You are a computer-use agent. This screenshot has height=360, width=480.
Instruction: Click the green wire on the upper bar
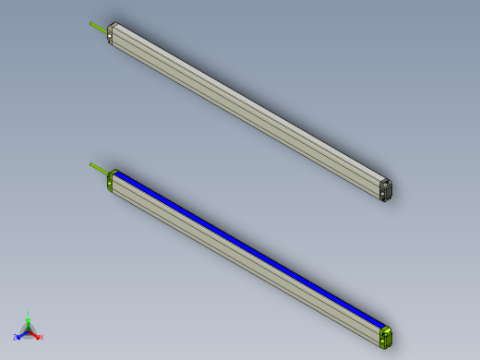pyautogui.click(x=99, y=27)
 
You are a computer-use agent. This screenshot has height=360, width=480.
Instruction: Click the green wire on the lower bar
pyautogui.click(x=99, y=168)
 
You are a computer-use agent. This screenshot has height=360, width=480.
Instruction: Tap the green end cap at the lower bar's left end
pyautogui.click(x=112, y=180)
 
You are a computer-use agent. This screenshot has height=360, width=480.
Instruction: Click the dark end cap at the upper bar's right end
pyautogui.click(x=387, y=188)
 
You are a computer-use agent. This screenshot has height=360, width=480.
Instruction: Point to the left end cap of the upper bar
pyautogui.click(x=112, y=34)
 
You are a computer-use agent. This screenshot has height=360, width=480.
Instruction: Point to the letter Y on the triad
pyautogui.click(x=29, y=314)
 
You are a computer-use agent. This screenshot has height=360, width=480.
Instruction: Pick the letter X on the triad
pyautogui.click(x=42, y=338)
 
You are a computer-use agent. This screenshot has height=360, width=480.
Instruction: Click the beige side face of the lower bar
pyautogui.click(x=240, y=258)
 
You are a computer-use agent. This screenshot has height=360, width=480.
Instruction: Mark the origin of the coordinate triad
pyautogui.click(x=29, y=331)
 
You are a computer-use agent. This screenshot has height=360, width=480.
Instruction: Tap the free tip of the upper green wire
pyautogui.click(x=90, y=22)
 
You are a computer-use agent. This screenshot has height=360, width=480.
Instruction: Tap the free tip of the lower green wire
pyautogui.click(x=90, y=164)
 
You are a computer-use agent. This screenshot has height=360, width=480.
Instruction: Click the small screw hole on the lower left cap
pyautogui.click(x=111, y=184)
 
